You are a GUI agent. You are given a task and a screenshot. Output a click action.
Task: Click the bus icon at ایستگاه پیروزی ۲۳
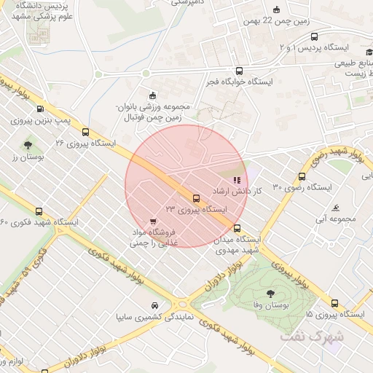click(196, 198)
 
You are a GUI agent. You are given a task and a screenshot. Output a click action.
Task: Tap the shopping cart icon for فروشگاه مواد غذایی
click(152, 221)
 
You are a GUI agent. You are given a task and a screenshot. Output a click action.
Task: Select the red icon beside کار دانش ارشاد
click(235, 179)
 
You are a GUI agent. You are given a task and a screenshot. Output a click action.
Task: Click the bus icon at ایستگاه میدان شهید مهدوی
click(237, 229)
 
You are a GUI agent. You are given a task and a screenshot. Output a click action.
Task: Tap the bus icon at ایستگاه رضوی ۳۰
click(302, 176)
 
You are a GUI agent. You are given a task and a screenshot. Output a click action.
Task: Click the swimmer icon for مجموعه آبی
click(336, 208)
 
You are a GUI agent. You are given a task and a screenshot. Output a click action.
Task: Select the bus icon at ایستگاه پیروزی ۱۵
click(334, 304)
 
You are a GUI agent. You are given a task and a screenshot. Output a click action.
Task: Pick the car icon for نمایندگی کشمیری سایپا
click(154, 306)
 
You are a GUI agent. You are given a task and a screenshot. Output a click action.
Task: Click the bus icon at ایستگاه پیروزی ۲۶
click(86, 133)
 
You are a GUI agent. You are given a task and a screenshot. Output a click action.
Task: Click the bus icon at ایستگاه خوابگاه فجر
click(240, 71)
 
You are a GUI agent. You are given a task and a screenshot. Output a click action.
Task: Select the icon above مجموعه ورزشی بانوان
click(152, 95)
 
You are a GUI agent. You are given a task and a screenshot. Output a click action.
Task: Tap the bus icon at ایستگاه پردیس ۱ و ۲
click(314, 36)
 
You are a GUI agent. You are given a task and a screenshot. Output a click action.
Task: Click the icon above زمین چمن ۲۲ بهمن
click(276, 10)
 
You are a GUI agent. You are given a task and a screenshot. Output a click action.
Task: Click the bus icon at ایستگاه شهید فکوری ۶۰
click(6, 211)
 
